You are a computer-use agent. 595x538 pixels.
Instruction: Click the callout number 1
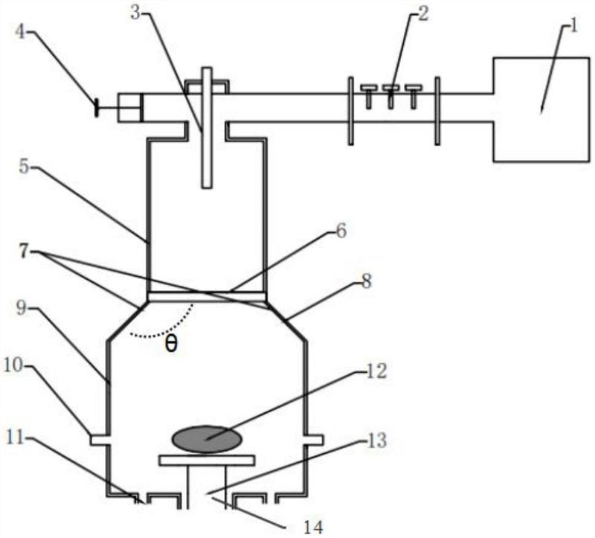(x=573, y=27)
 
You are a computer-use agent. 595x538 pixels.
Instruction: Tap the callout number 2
(x=423, y=13)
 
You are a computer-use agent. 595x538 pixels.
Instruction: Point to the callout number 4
(x=20, y=31)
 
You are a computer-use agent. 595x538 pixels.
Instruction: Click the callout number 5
(x=24, y=166)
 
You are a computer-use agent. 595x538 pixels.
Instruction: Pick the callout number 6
(x=341, y=231)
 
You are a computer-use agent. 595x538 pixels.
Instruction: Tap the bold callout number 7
(x=24, y=251)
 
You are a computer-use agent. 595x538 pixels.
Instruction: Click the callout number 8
(x=366, y=281)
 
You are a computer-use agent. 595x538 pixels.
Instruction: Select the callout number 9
(x=22, y=308)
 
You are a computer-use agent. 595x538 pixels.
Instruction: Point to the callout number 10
(x=13, y=365)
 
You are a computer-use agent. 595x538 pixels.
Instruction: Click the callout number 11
(x=16, y=438)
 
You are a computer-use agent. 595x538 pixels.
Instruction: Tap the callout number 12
(x=376, y=371)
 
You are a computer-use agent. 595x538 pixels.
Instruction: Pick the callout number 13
(x=376, y=441)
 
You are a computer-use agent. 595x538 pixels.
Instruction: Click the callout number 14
(x=313, y=528)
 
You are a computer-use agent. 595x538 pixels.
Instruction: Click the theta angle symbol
(x=171, y=345)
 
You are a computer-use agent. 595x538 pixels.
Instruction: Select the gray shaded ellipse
(x=207, y=439)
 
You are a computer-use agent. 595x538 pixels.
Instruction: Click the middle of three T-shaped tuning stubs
(x=391, y=97)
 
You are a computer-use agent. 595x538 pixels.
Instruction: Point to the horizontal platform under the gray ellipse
(x=207, y=460)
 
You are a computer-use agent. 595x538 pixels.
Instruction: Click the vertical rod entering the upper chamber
(x=207, y=127)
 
